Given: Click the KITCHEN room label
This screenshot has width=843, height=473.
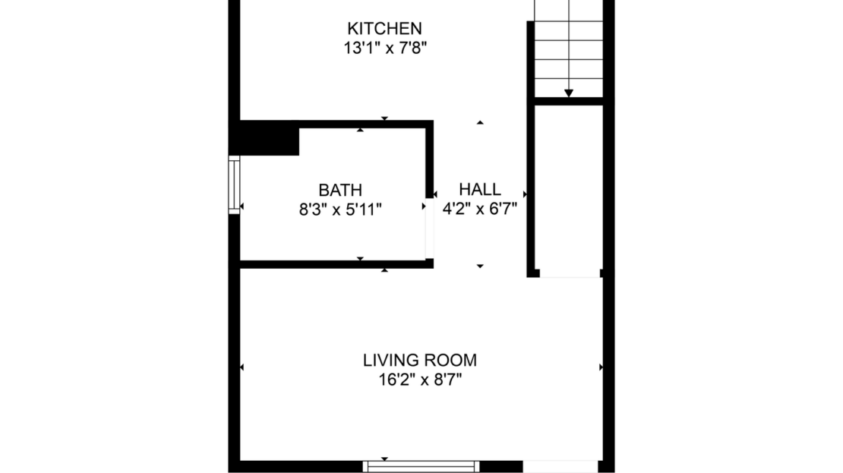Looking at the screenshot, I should pos(384,29).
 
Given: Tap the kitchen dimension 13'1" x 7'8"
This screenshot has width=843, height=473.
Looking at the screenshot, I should pos(384,48).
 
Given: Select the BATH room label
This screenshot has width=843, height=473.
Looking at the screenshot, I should pos(339,191).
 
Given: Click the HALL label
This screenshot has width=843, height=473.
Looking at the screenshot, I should pos(480,191).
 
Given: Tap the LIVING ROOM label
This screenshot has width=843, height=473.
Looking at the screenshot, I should pos(420,361).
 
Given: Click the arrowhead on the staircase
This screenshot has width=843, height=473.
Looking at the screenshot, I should pos(569,93).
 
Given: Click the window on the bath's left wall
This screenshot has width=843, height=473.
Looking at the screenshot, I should pos(234,184).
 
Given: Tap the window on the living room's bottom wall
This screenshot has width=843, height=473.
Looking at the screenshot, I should pos(421,466).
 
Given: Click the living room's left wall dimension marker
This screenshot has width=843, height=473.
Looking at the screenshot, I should pos(242,367).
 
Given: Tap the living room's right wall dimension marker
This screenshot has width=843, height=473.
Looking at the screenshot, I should pos(601,367).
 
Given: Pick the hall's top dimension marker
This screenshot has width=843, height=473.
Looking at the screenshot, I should pos(480,122).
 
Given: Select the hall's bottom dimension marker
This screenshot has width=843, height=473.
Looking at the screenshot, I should pos(480,266).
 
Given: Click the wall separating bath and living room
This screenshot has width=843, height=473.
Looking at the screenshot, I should pos(334,264).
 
